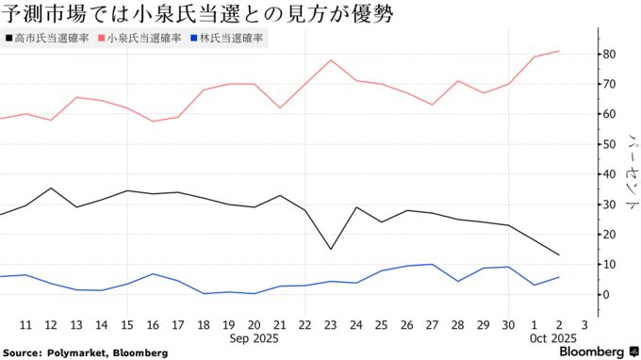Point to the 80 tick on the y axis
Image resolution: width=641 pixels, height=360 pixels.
pos(610,54)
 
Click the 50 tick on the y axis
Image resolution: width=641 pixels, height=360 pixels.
pos(610,144)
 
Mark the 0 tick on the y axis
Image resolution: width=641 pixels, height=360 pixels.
pos(607,294)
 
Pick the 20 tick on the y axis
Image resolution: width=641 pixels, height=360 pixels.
pos(610,234)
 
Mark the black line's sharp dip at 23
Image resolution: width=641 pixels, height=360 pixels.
pos(331,250)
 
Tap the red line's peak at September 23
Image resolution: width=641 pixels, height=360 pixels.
pos(331,60)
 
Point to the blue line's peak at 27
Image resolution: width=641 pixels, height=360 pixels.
pos(432,264)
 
